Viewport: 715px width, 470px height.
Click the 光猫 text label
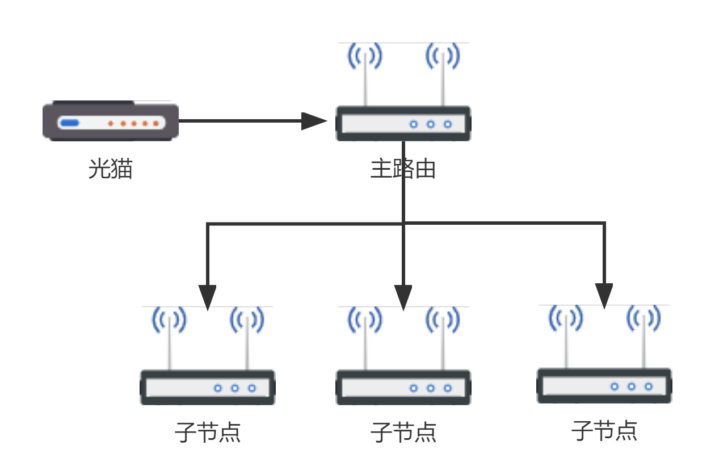(110, 169)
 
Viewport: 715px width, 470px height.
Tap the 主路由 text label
(403, 169)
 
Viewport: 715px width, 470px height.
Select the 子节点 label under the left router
(208, 433)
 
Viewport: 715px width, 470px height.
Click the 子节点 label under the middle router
(403, 433)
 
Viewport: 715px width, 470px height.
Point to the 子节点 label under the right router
(604, 431)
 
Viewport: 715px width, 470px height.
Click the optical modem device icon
(111, 121)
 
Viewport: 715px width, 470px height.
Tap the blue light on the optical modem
(70, 123)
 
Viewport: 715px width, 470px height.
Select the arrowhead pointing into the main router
(314, 121)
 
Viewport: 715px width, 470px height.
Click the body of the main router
(403, 123)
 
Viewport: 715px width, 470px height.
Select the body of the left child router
(208, 388)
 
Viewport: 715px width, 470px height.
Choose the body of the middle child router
(403, 388)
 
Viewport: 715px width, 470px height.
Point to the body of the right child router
(604, 386)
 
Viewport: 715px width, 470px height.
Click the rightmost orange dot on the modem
(155, 123)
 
